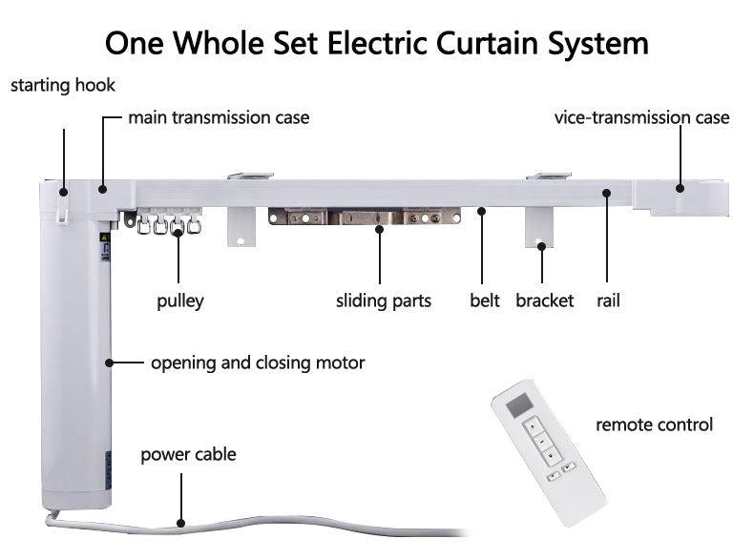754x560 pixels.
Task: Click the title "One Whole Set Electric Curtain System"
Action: [376, 42]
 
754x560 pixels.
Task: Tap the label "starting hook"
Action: [63, 85]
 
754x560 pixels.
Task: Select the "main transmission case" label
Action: [219, 117]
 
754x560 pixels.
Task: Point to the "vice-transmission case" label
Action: [641, 117]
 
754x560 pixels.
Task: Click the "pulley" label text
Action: [180, 301]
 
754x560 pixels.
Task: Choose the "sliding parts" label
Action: [384, 301]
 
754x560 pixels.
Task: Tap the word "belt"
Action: [484, 301]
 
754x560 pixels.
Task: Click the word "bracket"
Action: [544, 301]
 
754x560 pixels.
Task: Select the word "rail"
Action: [608, 301]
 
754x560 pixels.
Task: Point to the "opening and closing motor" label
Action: [257, 363]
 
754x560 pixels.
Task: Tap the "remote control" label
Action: [654, 424]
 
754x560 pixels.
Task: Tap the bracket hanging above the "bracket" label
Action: [541, 225]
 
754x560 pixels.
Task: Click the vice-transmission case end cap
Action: [692, 196]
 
